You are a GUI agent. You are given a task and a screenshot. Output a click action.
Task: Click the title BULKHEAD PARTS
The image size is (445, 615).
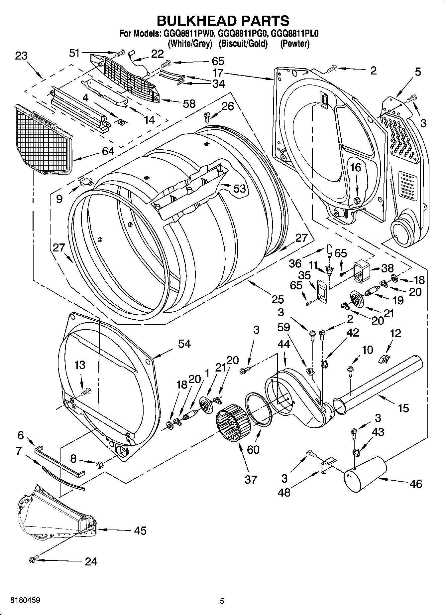[223, 21]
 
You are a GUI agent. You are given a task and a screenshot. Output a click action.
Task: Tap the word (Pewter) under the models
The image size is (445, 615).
[294, 44]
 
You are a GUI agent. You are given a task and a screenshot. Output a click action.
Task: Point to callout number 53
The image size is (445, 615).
[239, 188]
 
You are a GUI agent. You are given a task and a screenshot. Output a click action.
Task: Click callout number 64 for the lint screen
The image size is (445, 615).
[108, 151]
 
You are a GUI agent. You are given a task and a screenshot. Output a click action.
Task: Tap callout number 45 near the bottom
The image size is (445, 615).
[140, 530]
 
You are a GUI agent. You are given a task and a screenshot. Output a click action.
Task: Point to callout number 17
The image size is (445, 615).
[218, 73]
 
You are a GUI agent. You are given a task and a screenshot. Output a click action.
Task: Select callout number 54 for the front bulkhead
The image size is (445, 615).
[184, 343]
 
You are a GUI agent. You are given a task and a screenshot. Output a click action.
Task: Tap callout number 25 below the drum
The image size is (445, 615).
[278, 299]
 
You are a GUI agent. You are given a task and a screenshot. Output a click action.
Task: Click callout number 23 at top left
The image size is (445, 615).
[21, 56]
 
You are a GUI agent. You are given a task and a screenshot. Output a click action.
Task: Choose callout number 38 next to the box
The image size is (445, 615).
[387, 268]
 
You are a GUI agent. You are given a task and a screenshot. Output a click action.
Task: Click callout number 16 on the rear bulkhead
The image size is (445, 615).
[356, 167]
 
